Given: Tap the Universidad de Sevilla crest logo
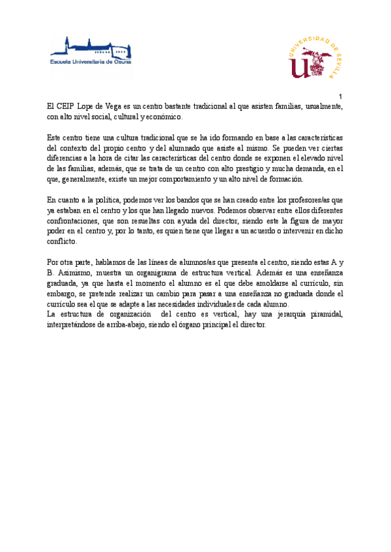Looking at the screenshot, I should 315,57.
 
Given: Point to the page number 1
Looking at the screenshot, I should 340,96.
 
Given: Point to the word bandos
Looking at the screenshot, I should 187,200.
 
